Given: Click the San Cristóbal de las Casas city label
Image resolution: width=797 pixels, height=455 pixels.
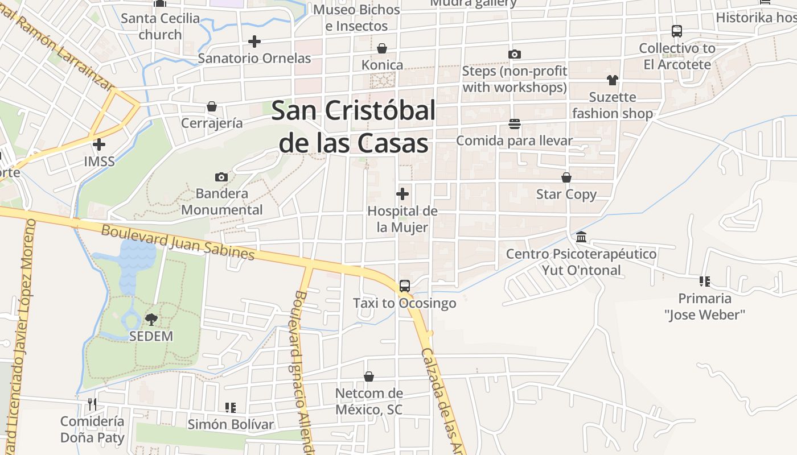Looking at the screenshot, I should point(354,127).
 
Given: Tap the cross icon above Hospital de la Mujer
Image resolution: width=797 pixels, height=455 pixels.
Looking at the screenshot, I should point(402,195).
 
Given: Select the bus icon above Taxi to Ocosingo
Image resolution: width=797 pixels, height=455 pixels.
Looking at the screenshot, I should point(405,286).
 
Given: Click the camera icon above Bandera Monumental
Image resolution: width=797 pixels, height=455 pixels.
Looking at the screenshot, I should point(221,177).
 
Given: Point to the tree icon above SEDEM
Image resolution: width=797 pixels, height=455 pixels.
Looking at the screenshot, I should point(151,319).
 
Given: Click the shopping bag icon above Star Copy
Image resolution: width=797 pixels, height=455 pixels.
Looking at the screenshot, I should point(566,178).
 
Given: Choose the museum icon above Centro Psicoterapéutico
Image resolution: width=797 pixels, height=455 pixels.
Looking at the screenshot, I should point(581,237).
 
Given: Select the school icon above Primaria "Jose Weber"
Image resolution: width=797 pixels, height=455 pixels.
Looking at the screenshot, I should point(705,282).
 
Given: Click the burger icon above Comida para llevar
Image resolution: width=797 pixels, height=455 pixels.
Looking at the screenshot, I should point(515,124).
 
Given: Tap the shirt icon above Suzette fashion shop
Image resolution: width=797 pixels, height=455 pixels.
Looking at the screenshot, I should point(613,80).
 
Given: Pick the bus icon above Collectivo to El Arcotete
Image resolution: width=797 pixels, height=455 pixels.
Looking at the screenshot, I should point(677,31).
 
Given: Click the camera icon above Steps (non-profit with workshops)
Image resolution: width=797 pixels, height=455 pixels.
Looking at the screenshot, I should point(515,55).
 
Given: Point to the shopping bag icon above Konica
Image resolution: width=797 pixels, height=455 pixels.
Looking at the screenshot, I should point(382,49).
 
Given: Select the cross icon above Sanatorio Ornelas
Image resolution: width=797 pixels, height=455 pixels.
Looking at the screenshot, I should point(254,42).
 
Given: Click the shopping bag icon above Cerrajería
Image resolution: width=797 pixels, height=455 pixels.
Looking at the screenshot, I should point(212,106).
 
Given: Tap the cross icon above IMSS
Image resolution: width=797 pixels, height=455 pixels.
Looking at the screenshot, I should point(99,144).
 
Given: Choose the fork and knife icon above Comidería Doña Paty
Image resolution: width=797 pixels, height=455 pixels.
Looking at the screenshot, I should point(92,404).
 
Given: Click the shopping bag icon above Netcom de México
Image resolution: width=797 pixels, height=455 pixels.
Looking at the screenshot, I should point(369,377).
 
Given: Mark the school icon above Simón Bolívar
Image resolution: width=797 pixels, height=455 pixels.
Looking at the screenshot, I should point(231,408).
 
